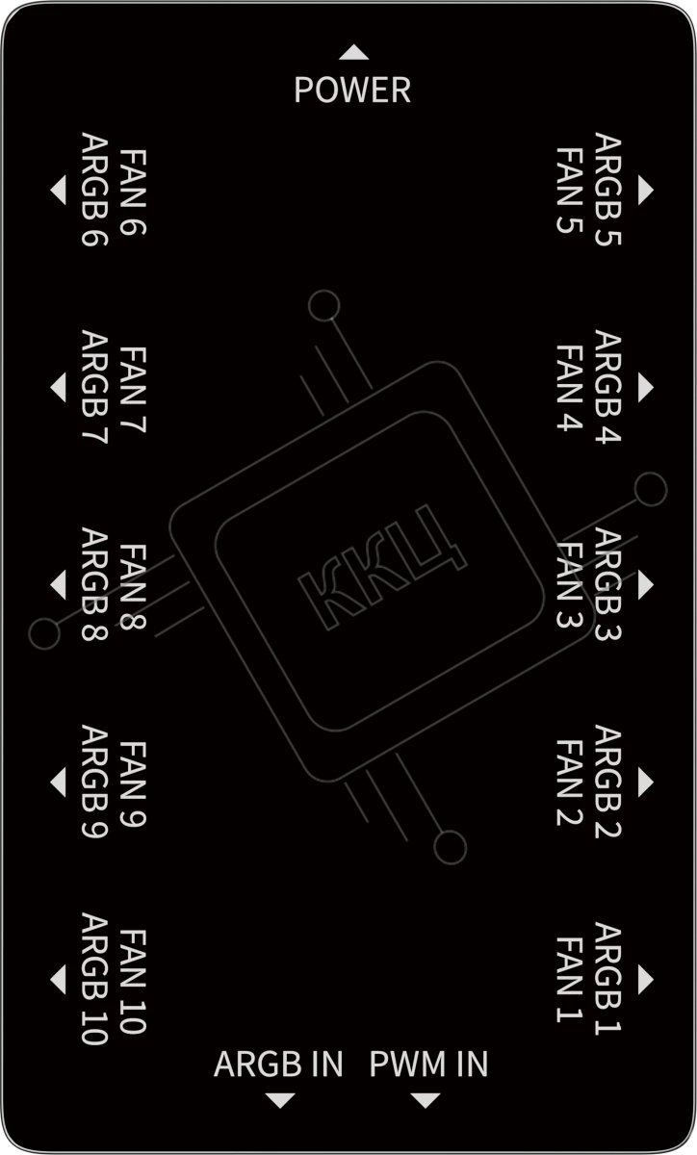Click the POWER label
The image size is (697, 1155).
[352, 90]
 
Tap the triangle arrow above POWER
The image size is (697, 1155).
[354, 52]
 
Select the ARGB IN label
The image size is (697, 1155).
[278, 1064]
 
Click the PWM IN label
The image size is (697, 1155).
[428, 1064]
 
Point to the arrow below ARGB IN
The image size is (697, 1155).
[280, 1100]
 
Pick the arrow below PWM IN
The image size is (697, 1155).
[426, 1100]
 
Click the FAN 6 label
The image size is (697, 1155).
[133, 192]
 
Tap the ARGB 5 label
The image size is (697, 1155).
[608, 190]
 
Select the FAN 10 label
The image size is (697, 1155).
[133, 982]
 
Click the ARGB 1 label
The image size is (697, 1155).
[608, 978]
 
